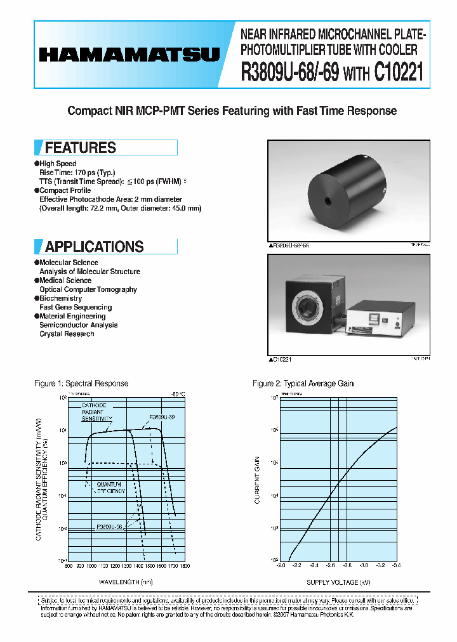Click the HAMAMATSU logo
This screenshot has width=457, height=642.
point(129,55)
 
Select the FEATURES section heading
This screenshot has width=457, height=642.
point(81,148)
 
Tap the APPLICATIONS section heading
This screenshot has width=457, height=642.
point(95,247)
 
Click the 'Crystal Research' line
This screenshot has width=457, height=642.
point(67,334)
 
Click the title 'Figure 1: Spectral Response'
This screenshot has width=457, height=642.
point(81,383)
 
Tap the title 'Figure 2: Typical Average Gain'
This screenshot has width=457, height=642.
point(303,383)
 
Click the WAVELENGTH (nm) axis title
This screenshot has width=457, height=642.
point(126,582)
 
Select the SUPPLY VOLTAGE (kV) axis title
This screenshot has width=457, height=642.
point(338,582)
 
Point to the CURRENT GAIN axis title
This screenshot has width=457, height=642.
point(257,480)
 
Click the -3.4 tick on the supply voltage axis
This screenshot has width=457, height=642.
point(397,565)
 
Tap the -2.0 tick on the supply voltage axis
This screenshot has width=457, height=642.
point(281,565)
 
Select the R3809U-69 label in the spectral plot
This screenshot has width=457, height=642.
point(162,417)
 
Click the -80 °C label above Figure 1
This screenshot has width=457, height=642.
point(177,394)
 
